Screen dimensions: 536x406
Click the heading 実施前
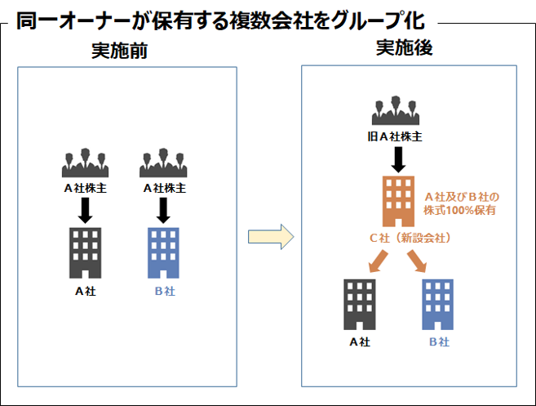(x=119, y=51)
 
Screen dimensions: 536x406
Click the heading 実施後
(x=405, y=47)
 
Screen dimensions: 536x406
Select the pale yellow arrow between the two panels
(x=271, y=237)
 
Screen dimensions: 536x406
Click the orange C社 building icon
(x=398, y=201)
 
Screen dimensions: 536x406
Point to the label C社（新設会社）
(x=410, y=238)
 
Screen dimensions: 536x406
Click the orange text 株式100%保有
(x=459, y=210)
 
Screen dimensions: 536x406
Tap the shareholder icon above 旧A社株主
(x=396, y=110)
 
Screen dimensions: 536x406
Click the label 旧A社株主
(x=395, y=136)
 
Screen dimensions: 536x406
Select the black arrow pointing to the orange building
(x=398, y=159)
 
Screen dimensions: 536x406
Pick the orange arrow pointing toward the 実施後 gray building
(x=379, y=261)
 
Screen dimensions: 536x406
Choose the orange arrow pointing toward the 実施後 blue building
(x=417, y=261)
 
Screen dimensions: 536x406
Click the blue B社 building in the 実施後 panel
(x=437, y=305)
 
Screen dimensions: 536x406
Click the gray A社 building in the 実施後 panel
(x=360, y=305)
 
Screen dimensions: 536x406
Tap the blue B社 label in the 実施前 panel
(x=165, y=291)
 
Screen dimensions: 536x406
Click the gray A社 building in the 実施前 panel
(x=85, y=252)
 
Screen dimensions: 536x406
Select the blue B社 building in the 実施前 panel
(x=163, y=252)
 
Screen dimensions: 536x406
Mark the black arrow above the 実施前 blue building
(x=163, y=211)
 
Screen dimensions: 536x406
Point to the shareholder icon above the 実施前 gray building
(x=85, y=163)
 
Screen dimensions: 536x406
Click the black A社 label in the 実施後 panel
(x=360, y=341)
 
